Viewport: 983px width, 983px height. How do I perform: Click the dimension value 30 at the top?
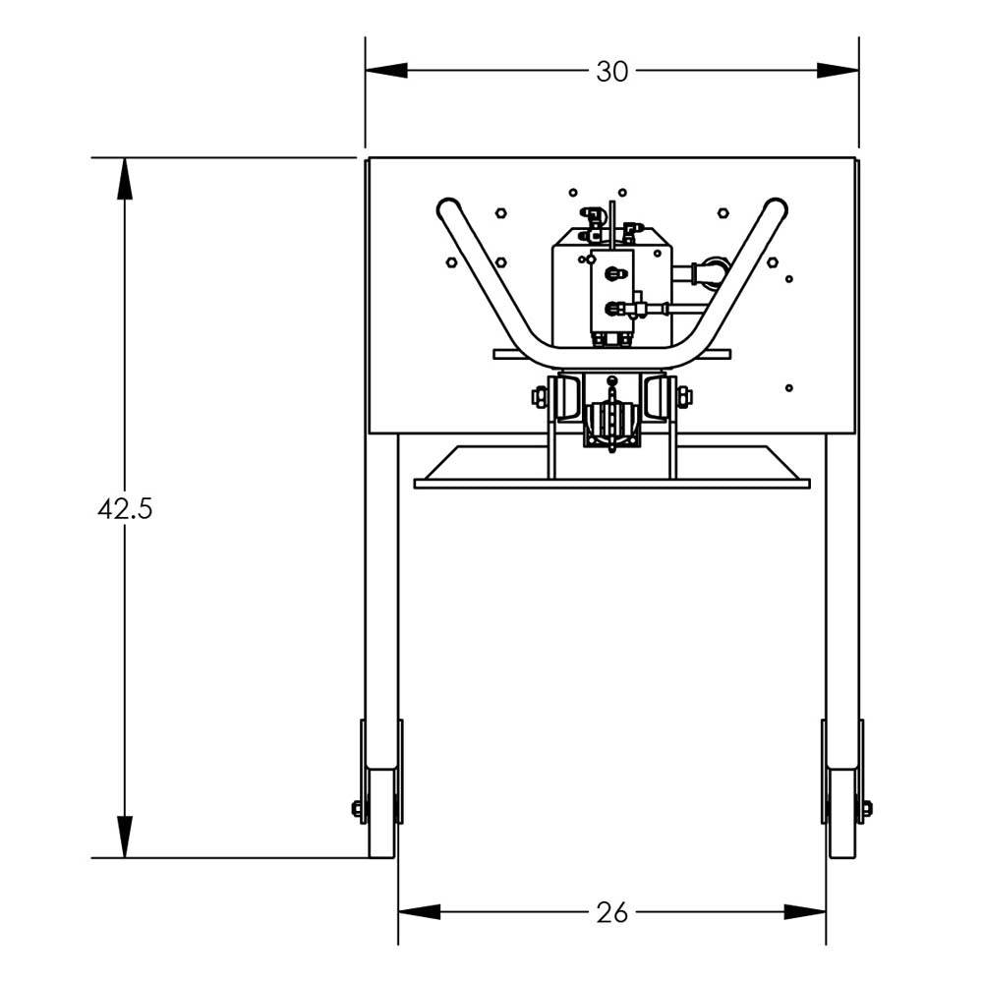tap(611, 72)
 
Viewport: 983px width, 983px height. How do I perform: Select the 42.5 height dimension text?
tap(125, 509)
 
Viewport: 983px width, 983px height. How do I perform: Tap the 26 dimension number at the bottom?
tap(611, 913)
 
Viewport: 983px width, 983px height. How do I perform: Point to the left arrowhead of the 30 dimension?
tap(386, 71)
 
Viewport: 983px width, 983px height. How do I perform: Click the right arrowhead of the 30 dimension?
tap(838, 71)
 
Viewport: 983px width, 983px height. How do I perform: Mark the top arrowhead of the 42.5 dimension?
tap(125, 179)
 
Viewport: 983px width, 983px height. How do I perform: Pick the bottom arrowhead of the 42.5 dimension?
tap(125, 837)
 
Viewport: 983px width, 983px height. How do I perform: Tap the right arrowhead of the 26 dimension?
tap(805, 912)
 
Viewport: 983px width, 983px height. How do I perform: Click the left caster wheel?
tap(381, 812)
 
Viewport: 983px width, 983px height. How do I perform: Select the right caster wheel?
tap(842, 812)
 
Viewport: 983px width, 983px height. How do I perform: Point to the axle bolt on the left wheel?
tap(358, 809)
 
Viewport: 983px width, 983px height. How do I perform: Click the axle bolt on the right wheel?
tap(866, 809)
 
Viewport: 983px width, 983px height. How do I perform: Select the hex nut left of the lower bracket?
tap(540, 397)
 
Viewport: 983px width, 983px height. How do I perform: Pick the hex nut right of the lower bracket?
tap(684, 397)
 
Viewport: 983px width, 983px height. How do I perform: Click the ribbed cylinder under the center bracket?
tap(611, 423)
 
